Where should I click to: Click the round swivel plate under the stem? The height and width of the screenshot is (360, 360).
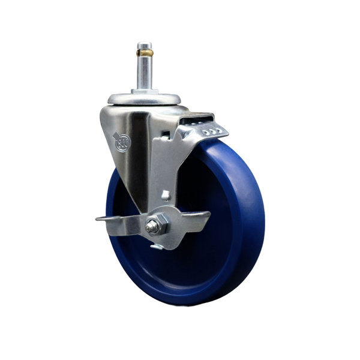tap(144, 98)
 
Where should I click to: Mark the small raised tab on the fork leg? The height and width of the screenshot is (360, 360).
tap(165, 194)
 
